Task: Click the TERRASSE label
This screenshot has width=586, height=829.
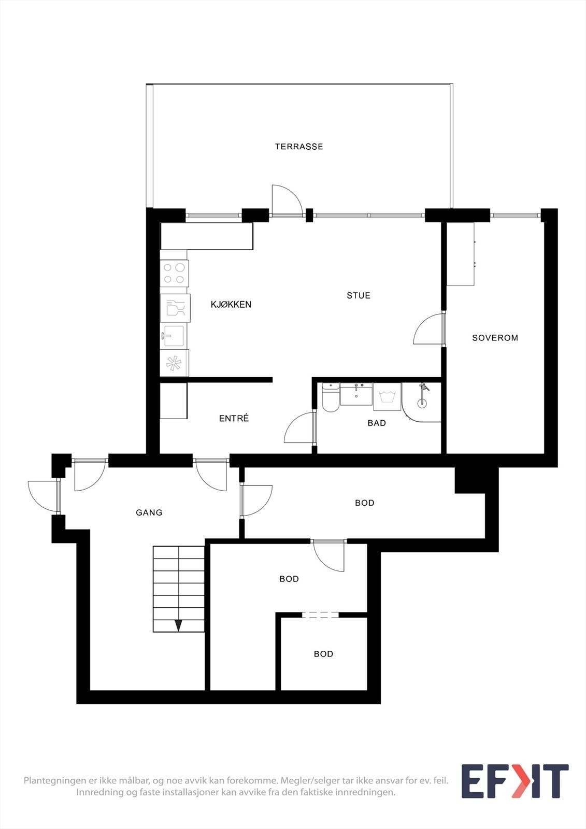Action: pyautogui.click(x=299, y=147)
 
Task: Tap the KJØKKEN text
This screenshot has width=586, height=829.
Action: pyautogui.click(x=231, y=305)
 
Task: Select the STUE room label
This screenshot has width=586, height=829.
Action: pyautogui.click(x=359, y=295)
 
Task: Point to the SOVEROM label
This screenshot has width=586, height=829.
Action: pyautogui.click(x=495, y=338)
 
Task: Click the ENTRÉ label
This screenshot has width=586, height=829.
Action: pyautogui.click(x=234, y=418)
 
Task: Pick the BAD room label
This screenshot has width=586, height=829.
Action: pyautogui.click(x=377, y=423)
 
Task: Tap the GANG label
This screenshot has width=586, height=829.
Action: pyautogui.click(x=149, y=512)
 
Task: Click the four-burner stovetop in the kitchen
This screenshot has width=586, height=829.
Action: pyautogui.click(x=174, y=274)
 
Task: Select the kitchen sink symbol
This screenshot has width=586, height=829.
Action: pyautogui.click(x=174, y=336)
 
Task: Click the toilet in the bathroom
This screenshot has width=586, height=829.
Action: pyautogui.click(x=331, y=398)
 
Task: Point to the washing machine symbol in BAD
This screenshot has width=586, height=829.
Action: pyautogui.click(x=388, y=397)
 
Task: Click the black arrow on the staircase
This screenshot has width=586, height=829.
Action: pyautogui.click(x=178, y=625)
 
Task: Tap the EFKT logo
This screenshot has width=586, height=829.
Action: pyautogui.click(x=514, y=781)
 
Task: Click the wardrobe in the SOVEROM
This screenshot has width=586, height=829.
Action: pyautogui.click(x=461, y=254)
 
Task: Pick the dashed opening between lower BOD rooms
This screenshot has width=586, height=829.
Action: pyautogui.click(x=320, y=615)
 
